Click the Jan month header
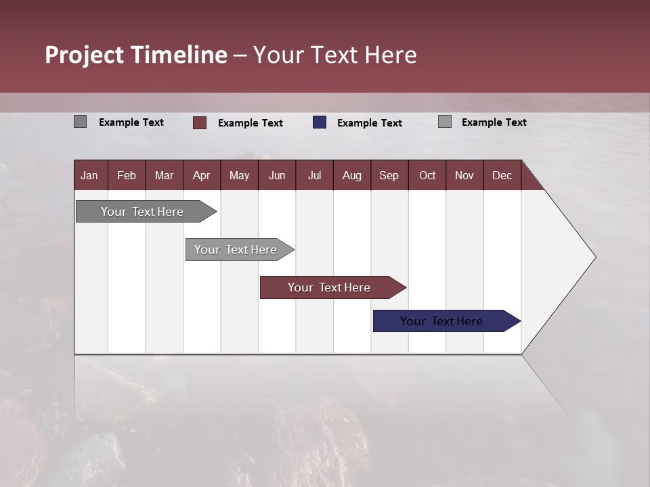[89, 176]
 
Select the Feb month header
[127, 176]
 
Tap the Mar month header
[164, 176]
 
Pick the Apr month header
[202, 176]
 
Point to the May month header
[239, 176]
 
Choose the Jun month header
[277, 176]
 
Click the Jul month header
[314, 176]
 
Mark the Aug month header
[352, 176]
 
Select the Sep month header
[389, 176]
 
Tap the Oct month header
[427, 176]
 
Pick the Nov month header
[464, 176]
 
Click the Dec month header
[502, 176]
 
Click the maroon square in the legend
[200, 122]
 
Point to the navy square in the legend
[320, 122]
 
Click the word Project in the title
[85, 55]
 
